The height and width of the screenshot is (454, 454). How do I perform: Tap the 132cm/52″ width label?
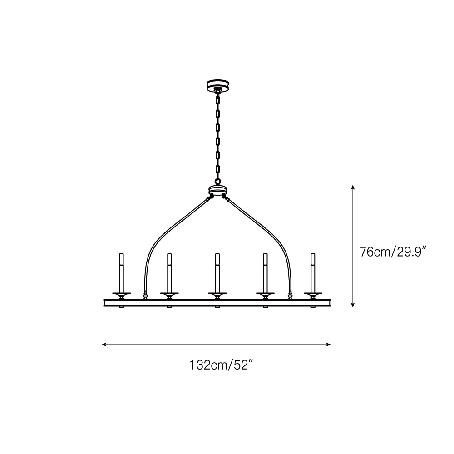[222, 365]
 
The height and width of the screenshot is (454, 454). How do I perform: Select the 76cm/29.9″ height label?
[393, 252]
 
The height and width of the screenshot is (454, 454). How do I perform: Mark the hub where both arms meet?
[218, 191]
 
